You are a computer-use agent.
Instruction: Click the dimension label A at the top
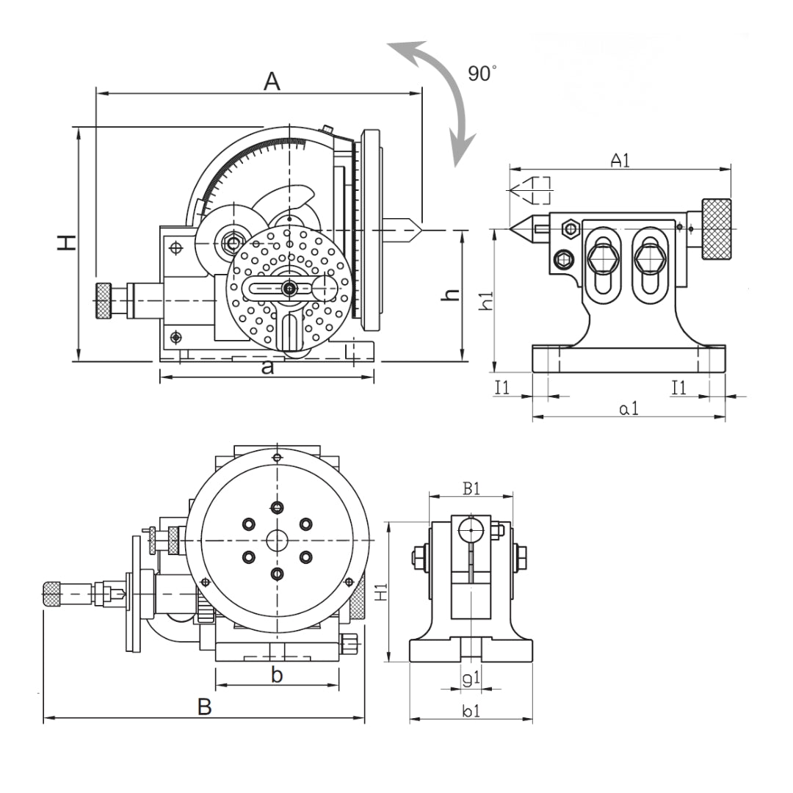(x=272, y=82)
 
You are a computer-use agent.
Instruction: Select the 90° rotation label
(x=482, y=73)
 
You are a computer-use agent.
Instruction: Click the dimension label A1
(x=620, y=160)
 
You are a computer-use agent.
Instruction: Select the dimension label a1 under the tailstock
(x=629, y=408)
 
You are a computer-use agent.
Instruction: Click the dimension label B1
(x=471, y=488)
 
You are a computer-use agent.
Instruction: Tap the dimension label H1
(x=380, y=593)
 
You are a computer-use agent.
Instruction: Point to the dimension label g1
(x=471, y=679)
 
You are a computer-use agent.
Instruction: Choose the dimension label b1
(x=471, y=710)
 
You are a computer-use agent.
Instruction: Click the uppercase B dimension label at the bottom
(x=205, y=707)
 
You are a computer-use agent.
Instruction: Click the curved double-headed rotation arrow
(x=441, y=95)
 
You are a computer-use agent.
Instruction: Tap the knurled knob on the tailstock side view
(x=716, y=228)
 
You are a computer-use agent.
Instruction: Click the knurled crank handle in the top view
(x=51, y=593)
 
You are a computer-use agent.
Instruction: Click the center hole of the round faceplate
(x=277, y=540)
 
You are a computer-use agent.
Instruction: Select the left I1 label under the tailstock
(x=502, y=388)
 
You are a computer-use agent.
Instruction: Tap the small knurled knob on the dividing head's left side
(x=102, y=301)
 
